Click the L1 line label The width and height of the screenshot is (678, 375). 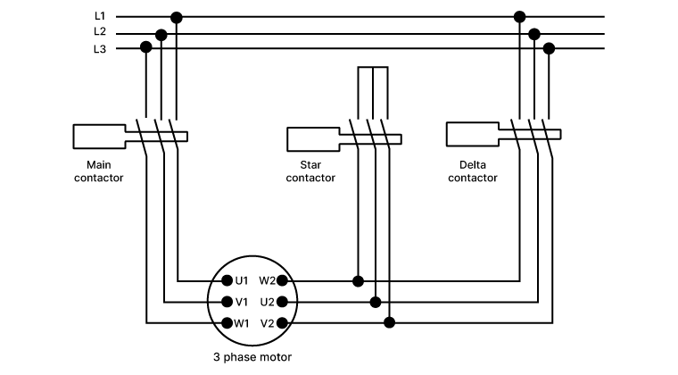click(99, 16)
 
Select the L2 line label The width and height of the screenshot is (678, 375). click(99, 32)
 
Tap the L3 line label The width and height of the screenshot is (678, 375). click(99, 49)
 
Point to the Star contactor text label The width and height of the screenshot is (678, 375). click(310, 171)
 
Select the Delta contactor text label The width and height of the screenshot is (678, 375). click(472, 171)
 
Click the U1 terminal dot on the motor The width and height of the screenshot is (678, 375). click(227, 280)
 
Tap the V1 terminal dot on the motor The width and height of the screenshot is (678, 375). click(227, 302)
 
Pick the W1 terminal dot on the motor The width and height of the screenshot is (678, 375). click(227, 322)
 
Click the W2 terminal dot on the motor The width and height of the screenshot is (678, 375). click(282, 280)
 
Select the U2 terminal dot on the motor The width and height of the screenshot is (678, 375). click(282, 302)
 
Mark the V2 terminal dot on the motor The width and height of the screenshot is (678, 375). click(282, 322)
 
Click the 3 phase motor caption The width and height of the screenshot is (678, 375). click(252, 357)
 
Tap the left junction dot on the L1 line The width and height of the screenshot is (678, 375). click(177, 17)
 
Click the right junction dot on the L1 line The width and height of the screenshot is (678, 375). click(519, 17)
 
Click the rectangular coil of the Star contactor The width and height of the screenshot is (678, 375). click(312, 139)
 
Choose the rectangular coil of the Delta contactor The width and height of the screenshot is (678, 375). click(471, 134)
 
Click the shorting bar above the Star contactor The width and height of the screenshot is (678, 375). click(372, 67)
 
